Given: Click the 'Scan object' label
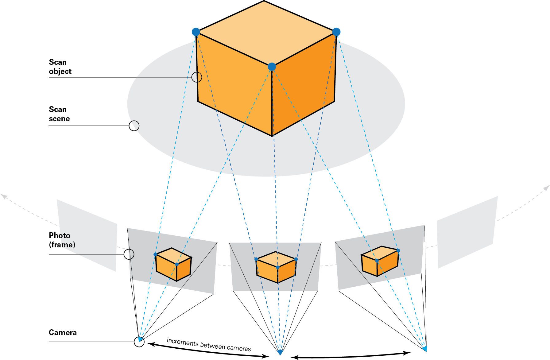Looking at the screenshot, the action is [60, 67].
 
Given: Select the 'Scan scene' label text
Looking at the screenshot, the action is [59, 114].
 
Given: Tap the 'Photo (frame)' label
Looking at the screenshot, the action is [62, 240].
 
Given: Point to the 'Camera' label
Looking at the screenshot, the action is [63, 332].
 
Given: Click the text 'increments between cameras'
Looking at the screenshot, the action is [209, 344].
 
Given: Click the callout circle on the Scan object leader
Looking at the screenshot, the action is [197, 77].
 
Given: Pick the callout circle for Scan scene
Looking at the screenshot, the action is [134, 126].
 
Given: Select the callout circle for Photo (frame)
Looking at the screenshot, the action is [129, 254].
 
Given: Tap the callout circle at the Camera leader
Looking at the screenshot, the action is [139, 342].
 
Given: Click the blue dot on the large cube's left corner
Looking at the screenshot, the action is [196, 32].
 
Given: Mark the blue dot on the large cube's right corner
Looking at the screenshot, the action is [336, 32].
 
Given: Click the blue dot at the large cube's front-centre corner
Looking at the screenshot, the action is [272, 67].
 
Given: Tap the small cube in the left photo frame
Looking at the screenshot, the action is [173, 264].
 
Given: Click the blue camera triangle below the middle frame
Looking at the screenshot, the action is [280, 352].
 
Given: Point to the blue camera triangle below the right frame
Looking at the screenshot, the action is [425, 349].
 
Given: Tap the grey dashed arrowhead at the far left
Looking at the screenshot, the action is [4, 196].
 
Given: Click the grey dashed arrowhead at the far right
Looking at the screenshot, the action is [546, 188].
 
